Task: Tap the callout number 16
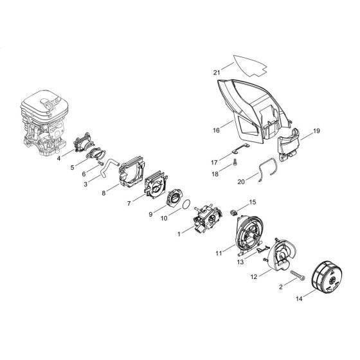pyautogui.click(x=216, y=130)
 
